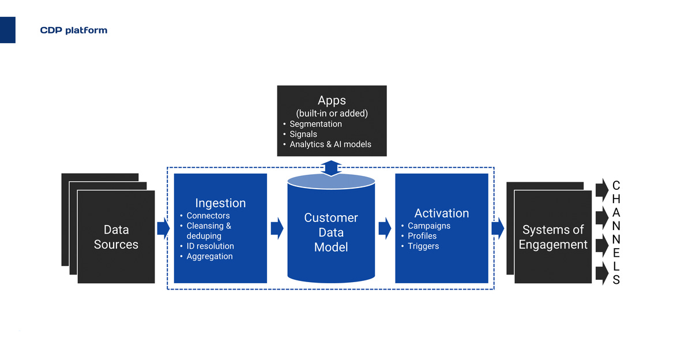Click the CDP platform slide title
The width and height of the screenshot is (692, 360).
point(73,30)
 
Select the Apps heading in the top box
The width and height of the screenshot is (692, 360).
point(332,100)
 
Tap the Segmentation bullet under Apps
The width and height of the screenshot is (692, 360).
point(315,124)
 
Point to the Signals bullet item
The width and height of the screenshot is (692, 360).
point(303,134)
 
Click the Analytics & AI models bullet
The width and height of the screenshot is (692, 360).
point(330,144)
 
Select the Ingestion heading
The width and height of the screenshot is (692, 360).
point(220,203)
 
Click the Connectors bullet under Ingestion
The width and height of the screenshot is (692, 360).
point(208,216)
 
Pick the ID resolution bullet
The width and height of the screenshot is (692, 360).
point(210,246)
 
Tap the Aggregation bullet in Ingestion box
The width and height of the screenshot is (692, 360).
point(209,256)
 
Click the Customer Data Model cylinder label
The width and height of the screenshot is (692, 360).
point(331,232)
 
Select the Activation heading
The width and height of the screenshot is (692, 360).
point(442,213)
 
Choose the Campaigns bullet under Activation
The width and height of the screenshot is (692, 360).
point(429,226)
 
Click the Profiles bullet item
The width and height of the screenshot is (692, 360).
point(422,236)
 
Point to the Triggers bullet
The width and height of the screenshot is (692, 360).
point(423,246)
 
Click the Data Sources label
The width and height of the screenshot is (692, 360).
point(116,237)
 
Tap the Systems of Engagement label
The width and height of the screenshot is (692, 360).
point(552,237)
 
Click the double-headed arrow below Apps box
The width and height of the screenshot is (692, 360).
point(332,168)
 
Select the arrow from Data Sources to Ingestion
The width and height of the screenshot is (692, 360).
point(163,228)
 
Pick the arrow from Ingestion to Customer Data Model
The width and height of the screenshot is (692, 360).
point(277,228)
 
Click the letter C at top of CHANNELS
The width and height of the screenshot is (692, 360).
point(616,186)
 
